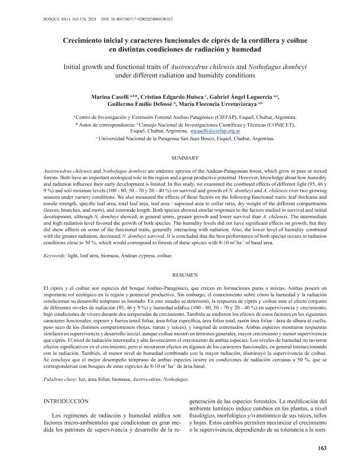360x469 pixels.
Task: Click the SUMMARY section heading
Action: pos(180,159)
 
